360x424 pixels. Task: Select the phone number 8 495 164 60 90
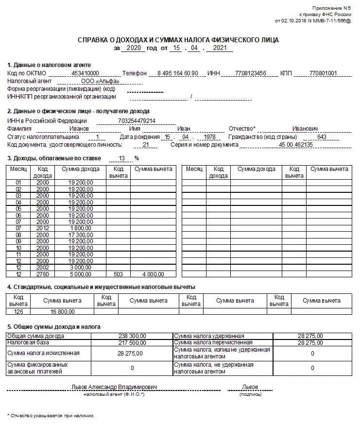click(178, 73)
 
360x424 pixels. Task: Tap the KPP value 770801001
click(323, 73)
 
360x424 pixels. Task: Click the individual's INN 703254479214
click(137, 120)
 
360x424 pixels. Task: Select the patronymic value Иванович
click(305, 128)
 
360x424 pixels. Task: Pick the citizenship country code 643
click(321, 136)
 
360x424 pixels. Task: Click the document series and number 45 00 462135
click(295, 145)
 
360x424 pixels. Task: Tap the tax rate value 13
click(121, 158)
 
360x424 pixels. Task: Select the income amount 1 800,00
click(81, 228)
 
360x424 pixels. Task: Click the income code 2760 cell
click(43, 274)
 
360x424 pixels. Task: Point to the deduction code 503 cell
click(118, 274)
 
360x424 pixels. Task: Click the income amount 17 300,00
click(81, 235)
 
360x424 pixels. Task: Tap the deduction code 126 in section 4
click(19, 311)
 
